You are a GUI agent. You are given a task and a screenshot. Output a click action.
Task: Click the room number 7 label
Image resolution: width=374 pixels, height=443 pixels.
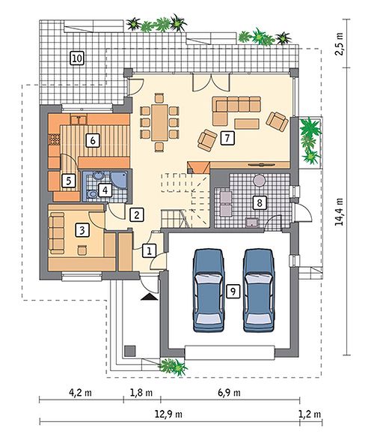[x=227, y=138]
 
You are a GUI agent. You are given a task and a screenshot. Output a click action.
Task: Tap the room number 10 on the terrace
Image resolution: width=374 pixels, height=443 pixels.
[x=77, y=58]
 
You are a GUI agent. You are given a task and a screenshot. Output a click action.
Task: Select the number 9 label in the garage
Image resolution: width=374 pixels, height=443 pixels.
[x=233, y=291]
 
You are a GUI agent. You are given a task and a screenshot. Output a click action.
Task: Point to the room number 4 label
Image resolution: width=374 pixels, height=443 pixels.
[x=105, y=190]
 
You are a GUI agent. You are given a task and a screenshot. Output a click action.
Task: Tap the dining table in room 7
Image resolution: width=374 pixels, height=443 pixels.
[x=159, y=123]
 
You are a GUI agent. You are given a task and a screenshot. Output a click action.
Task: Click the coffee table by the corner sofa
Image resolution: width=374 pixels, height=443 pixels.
[x=247, y=124]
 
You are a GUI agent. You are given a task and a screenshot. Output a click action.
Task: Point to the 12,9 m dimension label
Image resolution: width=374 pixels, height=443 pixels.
[x=168, y=415]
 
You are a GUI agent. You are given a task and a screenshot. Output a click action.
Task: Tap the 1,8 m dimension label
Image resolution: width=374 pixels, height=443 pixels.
[x=141, y=393]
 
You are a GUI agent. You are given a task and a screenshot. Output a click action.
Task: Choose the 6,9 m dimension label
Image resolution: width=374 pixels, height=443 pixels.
[x=229, y=393]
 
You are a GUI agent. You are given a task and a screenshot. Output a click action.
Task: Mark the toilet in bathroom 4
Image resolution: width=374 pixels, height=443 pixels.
[x=91, y=194]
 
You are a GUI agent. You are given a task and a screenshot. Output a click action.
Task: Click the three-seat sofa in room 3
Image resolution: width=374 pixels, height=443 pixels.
[x=56, y=233]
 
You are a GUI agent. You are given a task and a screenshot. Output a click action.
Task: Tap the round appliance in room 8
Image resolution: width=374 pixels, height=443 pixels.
[x=260, y=180]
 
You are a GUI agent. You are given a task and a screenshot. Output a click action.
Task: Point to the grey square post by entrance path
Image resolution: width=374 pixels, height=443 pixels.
[x=130, y=351]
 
